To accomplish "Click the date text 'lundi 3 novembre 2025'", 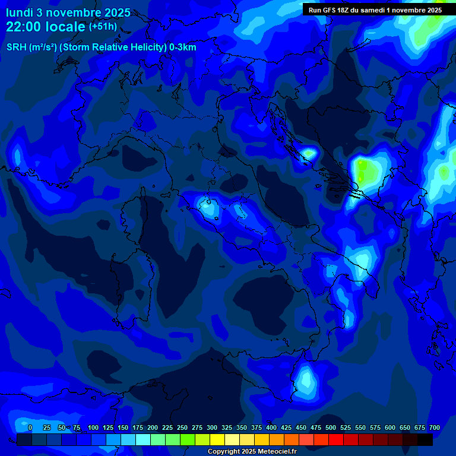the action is click(x=68, y=12).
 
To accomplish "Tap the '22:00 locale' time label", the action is click(x=45, y=27).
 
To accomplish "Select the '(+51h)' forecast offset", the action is click(x=103, y=26).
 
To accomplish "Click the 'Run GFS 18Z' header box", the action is click(x=375, y=9).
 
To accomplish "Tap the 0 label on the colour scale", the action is click(x=30, y=427).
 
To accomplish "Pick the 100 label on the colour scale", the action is click(x=93, y=427).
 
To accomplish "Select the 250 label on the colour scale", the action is click(x=182, y=427).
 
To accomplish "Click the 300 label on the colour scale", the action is click(x=212, y=427).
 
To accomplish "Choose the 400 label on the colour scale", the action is click(x=271, y=427).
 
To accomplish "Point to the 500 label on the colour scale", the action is click(x=331, y=427).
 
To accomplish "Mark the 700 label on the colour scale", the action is click(x=434, y=427).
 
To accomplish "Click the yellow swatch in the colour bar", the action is click(x=217, y=439).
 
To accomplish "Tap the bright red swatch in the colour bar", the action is click(x=336, y=439).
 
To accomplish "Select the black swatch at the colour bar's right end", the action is click(x=425, y=439).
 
